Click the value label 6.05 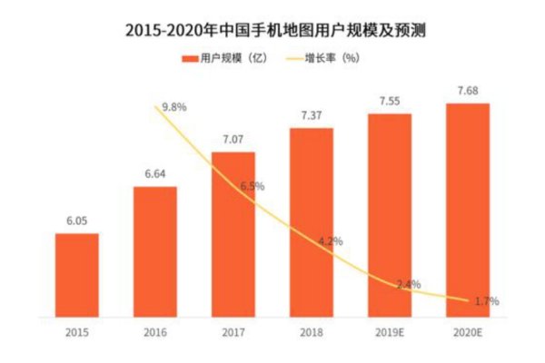[77, 221]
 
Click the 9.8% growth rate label [173, 107]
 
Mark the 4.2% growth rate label [330, 242]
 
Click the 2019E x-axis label [390, 331]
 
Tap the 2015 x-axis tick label [77, 331]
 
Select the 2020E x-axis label [468, 331]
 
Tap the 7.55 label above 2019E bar [390, 100]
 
